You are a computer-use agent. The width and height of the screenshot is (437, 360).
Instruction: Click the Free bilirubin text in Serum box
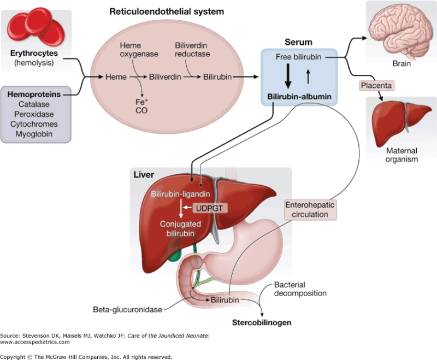tap(298, 57)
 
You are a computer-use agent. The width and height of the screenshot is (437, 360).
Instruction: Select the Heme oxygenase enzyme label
tap(135, 50)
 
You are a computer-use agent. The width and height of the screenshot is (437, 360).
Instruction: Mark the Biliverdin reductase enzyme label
tap(192, 50)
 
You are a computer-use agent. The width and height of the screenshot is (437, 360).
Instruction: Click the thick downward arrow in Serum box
tap(289, 75)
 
